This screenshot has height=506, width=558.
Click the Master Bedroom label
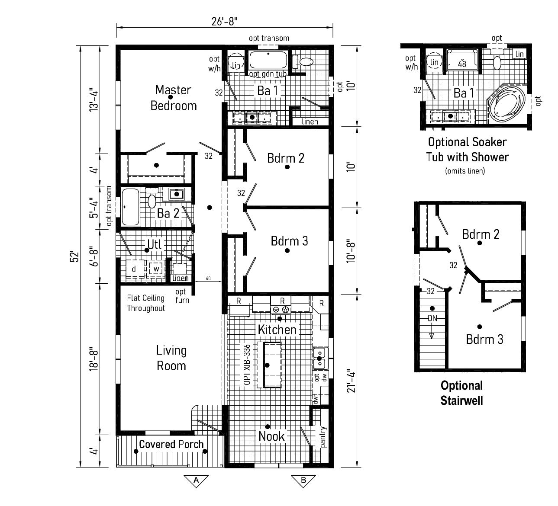(173, 98)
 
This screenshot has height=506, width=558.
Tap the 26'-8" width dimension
(225, 22)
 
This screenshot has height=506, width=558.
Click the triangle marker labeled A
(196, 480)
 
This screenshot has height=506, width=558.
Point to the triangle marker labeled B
(303, 480)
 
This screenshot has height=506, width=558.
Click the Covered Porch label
(171, 444)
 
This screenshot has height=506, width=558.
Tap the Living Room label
(171, 358)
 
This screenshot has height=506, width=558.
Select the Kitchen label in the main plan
(277, 330)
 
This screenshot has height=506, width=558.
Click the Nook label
(271, 436)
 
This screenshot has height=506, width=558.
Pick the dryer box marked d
(134, 269)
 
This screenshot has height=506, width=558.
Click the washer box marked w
(156, 269)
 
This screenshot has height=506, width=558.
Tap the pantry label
(323, 437)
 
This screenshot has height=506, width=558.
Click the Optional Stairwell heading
(461, 393)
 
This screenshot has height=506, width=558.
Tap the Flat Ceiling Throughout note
(146, 303)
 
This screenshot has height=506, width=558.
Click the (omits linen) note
(465, 171)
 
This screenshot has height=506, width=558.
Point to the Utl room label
(154, 244)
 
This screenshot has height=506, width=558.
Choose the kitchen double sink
(319, 358)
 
